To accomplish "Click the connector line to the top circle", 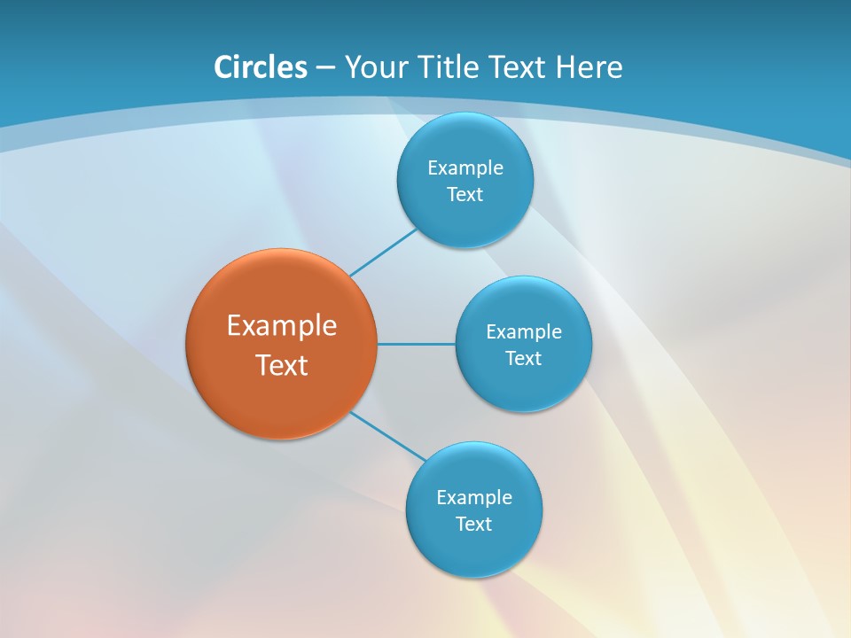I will (x=383, y=253).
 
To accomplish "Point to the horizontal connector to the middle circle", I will (x=417, y=344).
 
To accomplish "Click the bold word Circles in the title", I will (x=261, y=67).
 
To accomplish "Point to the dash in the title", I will (x=325, y=68).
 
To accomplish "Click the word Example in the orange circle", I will (x=282, y=325).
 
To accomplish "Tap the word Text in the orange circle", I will (x=282, y=365).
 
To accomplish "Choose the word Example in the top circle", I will (x=465, y=168).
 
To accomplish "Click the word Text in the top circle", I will (x=465, y=195).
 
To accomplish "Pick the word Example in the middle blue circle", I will (x=524, y=332).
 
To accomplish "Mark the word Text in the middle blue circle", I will (x=523, y=359).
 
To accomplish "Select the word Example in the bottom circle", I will (x=474, y=498).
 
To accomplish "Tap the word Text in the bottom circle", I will (x=473, y=525).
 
